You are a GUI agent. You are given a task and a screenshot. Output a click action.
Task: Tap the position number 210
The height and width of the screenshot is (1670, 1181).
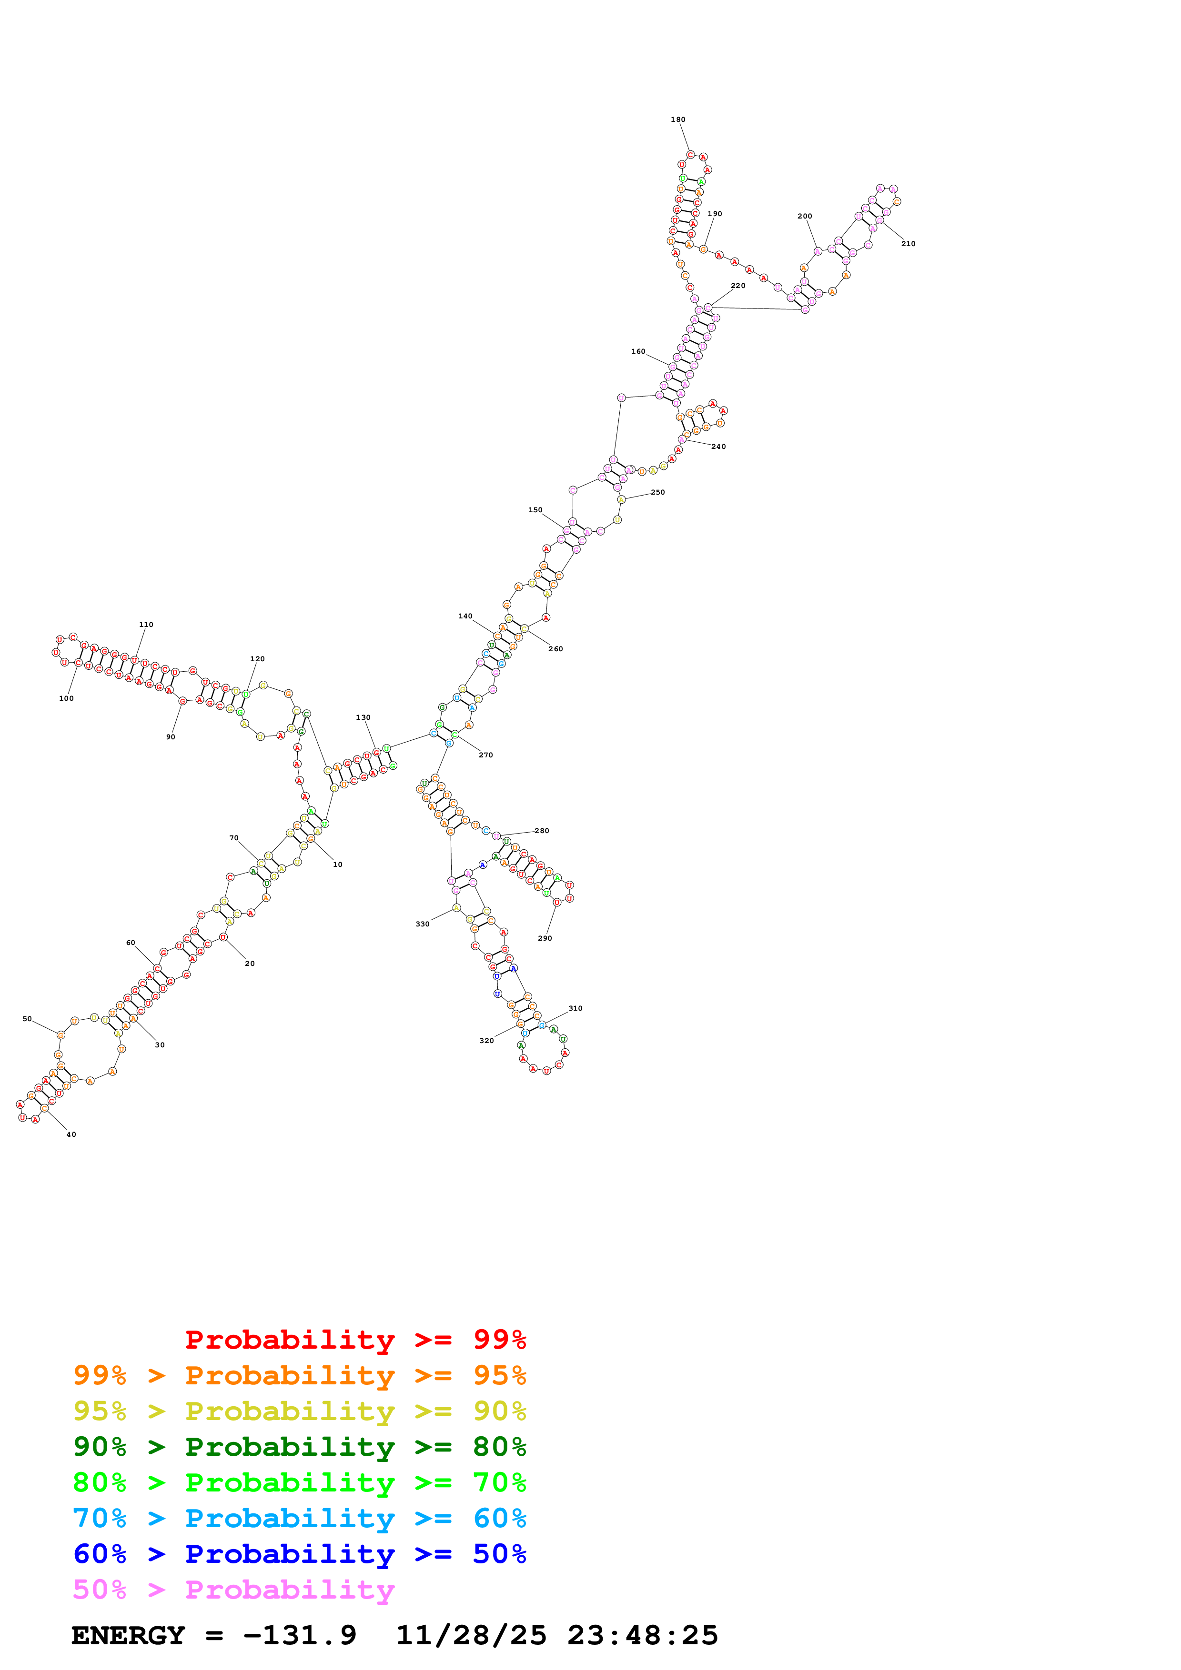pyautogui.click(x=908, y=244)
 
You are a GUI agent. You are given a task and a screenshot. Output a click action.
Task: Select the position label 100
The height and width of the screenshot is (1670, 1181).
pyautogui.click(x=66, y=698)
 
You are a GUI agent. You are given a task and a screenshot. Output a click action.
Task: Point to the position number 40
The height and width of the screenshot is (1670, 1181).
pyautogui.click(x=71, y=1134)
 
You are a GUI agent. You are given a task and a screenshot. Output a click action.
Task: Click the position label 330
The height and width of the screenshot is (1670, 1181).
pyautogui.click(x=422, y=924)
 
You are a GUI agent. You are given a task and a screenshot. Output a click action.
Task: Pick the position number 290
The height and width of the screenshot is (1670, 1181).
pyautogui.click(x=545, y=938)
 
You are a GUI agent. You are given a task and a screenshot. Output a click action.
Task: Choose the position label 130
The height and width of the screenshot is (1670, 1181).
pyautogui.click(x=363, y=717)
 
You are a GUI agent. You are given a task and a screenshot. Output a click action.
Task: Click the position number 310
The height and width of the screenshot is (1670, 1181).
pyautogui.click(x=575, y=1008)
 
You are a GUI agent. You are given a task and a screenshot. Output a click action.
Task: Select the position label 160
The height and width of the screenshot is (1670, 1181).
pyautogui.click(x=638, y=351)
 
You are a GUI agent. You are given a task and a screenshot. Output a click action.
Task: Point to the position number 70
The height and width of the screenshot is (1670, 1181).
pyautogui.click(x=233, y=838)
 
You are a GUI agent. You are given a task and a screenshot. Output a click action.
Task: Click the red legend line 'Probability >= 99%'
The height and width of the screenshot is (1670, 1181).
pyautogui.click(x=355, y=1340)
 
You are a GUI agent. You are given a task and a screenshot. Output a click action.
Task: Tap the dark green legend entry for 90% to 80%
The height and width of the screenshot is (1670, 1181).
pyautogui.click(x=299, y=1447)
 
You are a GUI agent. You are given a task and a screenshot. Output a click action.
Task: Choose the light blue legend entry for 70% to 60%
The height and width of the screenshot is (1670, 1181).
pyautogui.click(x=299, y=1518)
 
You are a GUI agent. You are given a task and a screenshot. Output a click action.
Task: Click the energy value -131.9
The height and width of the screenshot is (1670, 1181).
pyautogui.click(x=299, y=1635)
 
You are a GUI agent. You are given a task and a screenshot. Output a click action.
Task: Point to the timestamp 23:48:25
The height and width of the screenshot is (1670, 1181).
pyautogui.click(x=643, y=1635)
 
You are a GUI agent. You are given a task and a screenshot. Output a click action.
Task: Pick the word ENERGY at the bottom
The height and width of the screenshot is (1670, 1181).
pyautogui.click(x=128, y=1635)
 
